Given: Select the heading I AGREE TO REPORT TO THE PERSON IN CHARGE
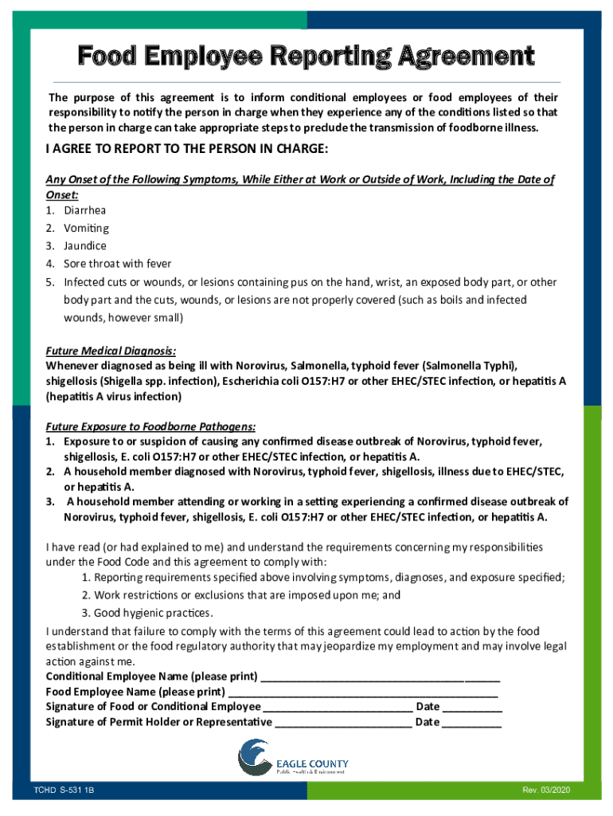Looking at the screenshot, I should [187, 149].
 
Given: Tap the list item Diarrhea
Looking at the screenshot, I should [84, 210].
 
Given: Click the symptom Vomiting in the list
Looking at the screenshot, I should [86, 228].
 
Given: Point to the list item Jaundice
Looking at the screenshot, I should [85, 245].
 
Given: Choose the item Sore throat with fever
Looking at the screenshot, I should [118, 263].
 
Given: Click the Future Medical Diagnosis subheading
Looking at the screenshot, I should [111, 351].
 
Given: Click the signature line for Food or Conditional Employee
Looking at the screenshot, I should [338, 707].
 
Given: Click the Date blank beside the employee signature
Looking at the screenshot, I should [472, 707].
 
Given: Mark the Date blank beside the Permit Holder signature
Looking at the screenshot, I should [471, 723].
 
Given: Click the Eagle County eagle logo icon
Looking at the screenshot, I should [254, 757].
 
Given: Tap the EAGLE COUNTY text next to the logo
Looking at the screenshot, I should [312, 763].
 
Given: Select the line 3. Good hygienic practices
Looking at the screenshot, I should [146, 613].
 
